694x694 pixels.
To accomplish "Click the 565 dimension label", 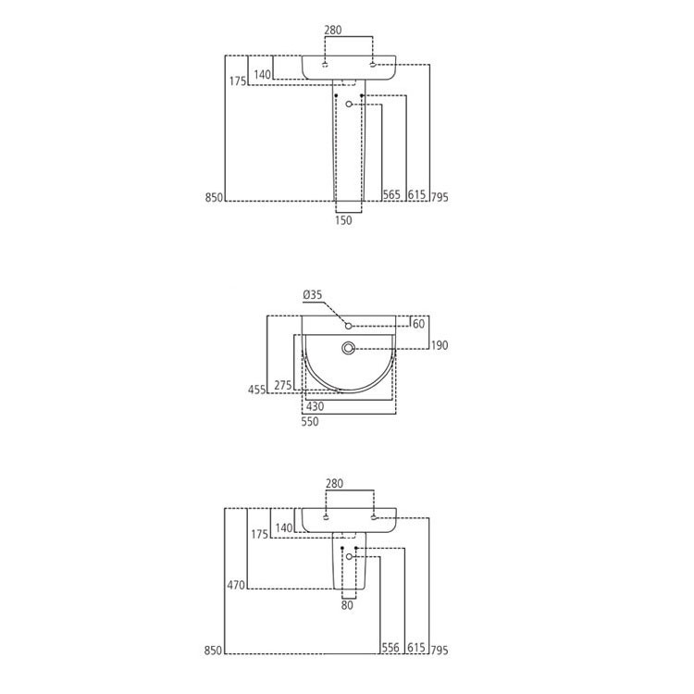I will tap(391, 195).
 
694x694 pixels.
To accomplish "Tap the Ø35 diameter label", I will tap(312, 295).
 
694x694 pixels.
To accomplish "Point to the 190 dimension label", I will tap(439, 346).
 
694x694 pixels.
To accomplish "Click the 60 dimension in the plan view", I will tap(418, 323).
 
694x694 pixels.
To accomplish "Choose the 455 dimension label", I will tap(256, 390).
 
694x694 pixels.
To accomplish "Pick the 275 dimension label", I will tap(283, 385).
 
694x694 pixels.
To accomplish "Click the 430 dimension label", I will tap(316, 406).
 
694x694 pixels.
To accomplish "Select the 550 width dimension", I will tap(309, 421).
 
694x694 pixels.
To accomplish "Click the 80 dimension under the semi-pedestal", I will tap(347, 607).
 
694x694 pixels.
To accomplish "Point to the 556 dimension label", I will tap(391, 649).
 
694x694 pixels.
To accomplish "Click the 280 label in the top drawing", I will tap(333, 30).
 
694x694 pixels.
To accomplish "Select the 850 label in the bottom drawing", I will tap(216, 651).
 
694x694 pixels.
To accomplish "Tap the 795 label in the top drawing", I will tap(439, 196).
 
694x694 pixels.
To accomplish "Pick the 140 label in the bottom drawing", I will tap(283, 527).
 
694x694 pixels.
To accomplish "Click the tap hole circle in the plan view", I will tap(349, 325).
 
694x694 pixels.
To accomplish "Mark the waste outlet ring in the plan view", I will tap(348, 348).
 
